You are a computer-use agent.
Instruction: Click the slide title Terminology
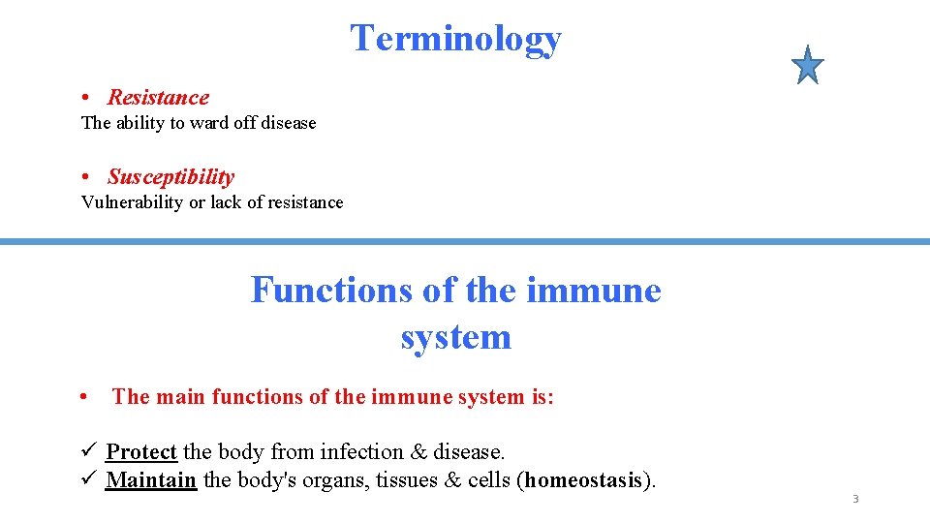(x=455, y=39)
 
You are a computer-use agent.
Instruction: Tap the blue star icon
(x=807, y=66)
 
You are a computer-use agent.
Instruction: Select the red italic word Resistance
(x=158, y=97)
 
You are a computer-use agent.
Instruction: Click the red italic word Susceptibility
(x=170, y=176)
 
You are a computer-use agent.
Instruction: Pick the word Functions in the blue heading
(x=330, y=290)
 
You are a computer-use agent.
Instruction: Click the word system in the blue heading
(x=455, y=336)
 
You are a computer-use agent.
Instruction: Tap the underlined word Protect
(x=141, y=452)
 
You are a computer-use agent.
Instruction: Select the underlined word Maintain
(x=151, y=479)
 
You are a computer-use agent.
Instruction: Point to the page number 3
(x=855, y=500)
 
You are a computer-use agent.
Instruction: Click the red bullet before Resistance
(x=87, y=98)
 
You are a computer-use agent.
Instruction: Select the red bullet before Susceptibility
(x=87, y=177)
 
